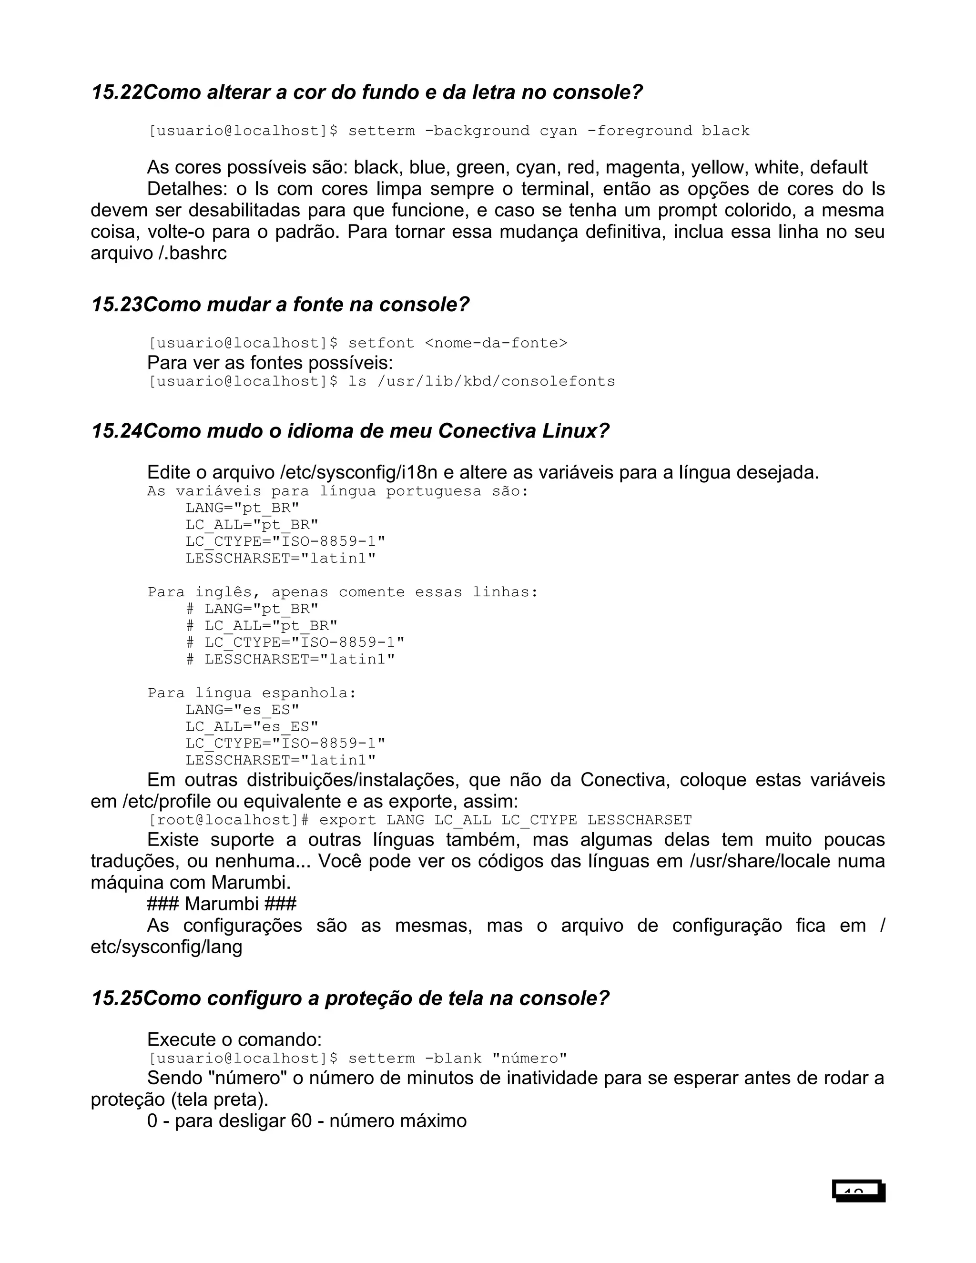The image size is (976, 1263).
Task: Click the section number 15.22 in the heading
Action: [x=116, y=92]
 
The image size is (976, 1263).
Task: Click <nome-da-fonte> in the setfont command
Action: [x=496, y=343]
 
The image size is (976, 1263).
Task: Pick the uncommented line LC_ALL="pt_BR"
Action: [x=252, y=525]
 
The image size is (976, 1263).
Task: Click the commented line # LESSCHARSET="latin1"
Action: [x=290, y=659]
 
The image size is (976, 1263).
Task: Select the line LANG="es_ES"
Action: [x=242, y=710]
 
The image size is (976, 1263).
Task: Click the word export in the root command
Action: [x=347, y=820]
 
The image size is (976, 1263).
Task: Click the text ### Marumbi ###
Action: [x=222, y=904]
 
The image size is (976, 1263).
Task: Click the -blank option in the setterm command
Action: [x=453, y=1058]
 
